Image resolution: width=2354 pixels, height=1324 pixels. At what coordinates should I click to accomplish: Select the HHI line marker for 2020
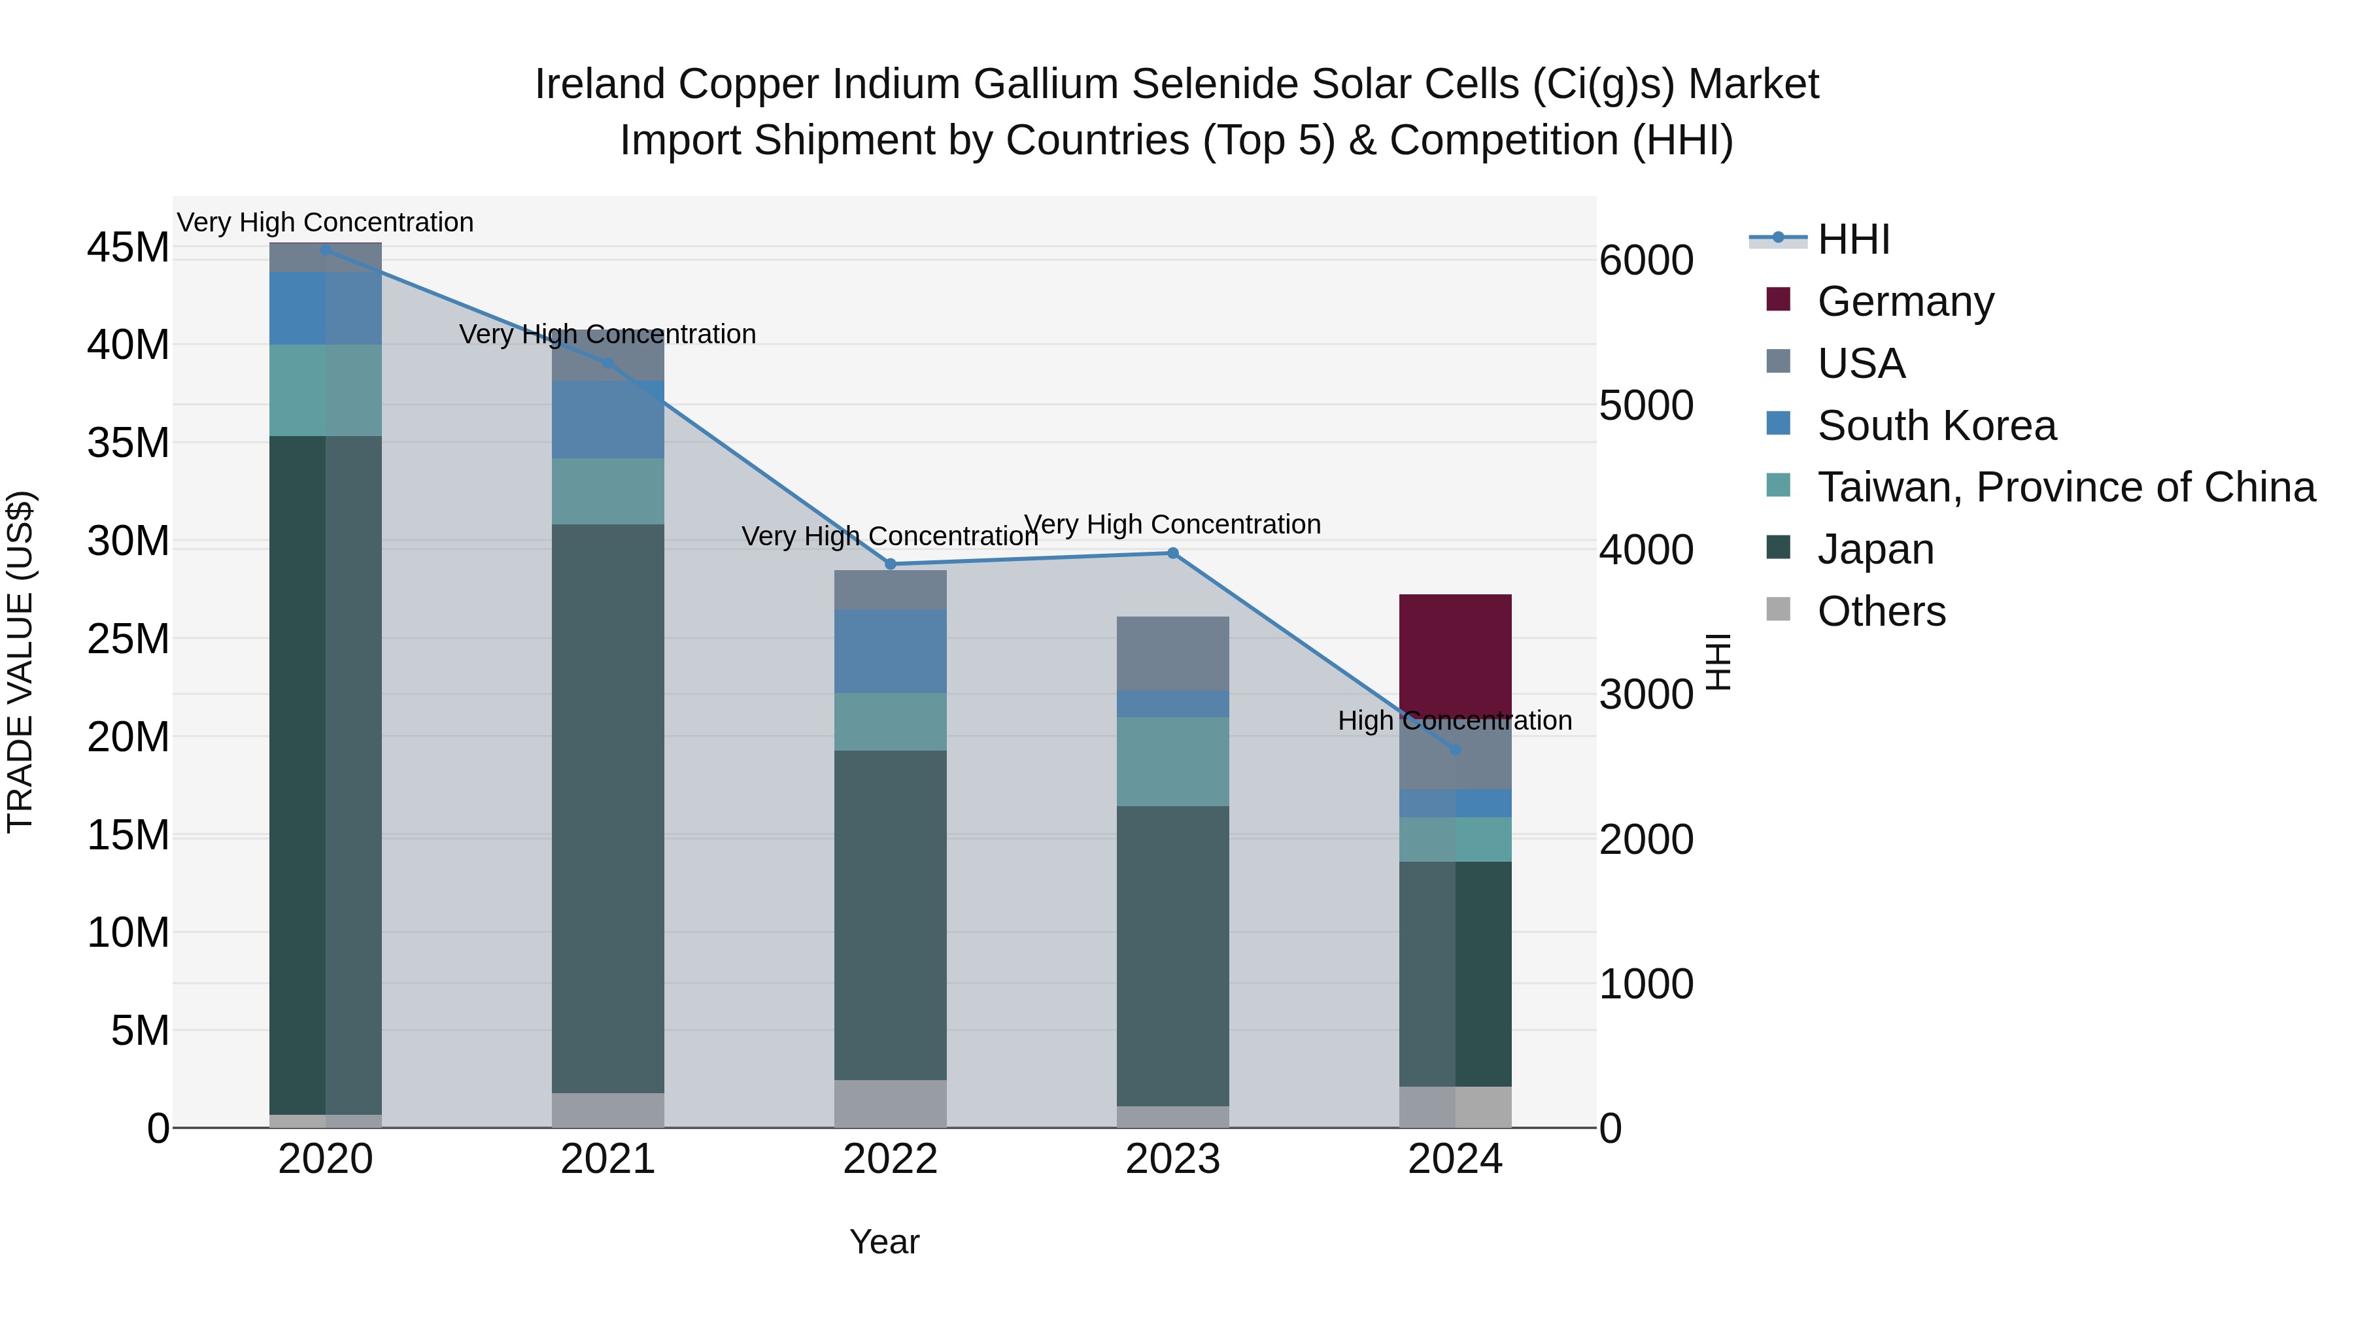click(326, 250)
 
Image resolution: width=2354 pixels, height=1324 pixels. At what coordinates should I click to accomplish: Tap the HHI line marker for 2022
click(891, 564)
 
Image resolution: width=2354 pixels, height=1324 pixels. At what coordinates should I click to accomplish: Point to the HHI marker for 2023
click(1172, 552)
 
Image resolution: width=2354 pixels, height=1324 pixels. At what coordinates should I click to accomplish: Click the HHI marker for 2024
click(1456, 750)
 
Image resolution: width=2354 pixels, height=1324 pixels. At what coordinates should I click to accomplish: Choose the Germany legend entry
click(1905, 301)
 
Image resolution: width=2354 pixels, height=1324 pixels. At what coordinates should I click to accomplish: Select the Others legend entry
click(1881, 611)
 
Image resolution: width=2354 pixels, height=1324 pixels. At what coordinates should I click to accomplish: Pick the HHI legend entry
click(1852, 239)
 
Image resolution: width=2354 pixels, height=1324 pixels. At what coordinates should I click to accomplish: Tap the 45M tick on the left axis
click(128, 248)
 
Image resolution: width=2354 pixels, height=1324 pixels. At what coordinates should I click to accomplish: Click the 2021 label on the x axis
click(607, 1159)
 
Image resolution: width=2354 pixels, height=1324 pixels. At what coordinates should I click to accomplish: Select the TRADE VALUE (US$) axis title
click(20, 662)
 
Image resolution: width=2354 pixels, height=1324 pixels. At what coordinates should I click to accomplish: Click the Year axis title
click(883, 1242)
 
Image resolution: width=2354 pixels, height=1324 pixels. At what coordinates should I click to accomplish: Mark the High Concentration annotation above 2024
click(1455, 721)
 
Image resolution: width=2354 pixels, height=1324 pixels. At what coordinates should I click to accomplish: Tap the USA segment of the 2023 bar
click(1172, 653)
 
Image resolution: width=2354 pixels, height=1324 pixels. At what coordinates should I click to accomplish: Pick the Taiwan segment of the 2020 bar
click(326, 390)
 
